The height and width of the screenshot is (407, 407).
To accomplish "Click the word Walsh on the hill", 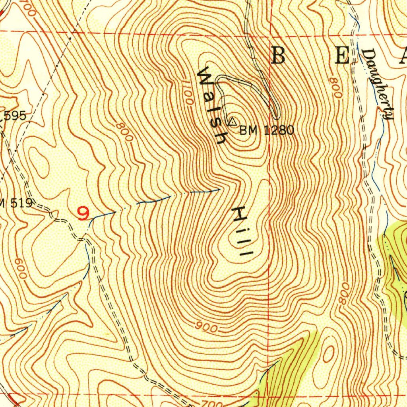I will pos(213,106).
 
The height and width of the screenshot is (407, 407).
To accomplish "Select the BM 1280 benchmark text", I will pos(267,130).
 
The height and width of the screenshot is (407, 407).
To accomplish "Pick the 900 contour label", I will pos(207,328).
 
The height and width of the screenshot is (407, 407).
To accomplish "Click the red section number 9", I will pos(83,214).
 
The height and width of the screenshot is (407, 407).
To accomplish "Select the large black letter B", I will pos(278,56).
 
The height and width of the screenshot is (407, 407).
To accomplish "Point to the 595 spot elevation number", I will pos(15,116).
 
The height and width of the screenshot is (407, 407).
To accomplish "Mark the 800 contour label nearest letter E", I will pos(335,87).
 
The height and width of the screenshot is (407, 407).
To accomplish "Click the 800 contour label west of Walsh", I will pos(124,132).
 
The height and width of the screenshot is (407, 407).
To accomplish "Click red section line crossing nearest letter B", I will pos(271,35).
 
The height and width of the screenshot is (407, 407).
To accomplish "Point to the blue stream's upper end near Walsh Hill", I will pos(219,190).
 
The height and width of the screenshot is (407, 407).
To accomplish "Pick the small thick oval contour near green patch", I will pos(328,353).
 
